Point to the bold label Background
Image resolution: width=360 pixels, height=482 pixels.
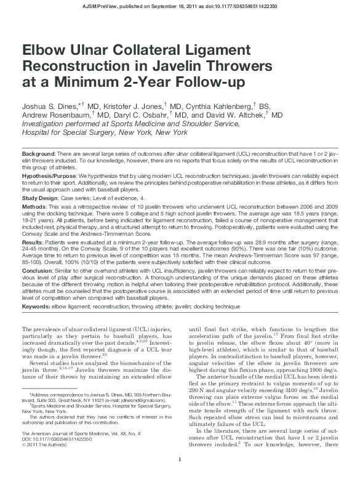point(38,152)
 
